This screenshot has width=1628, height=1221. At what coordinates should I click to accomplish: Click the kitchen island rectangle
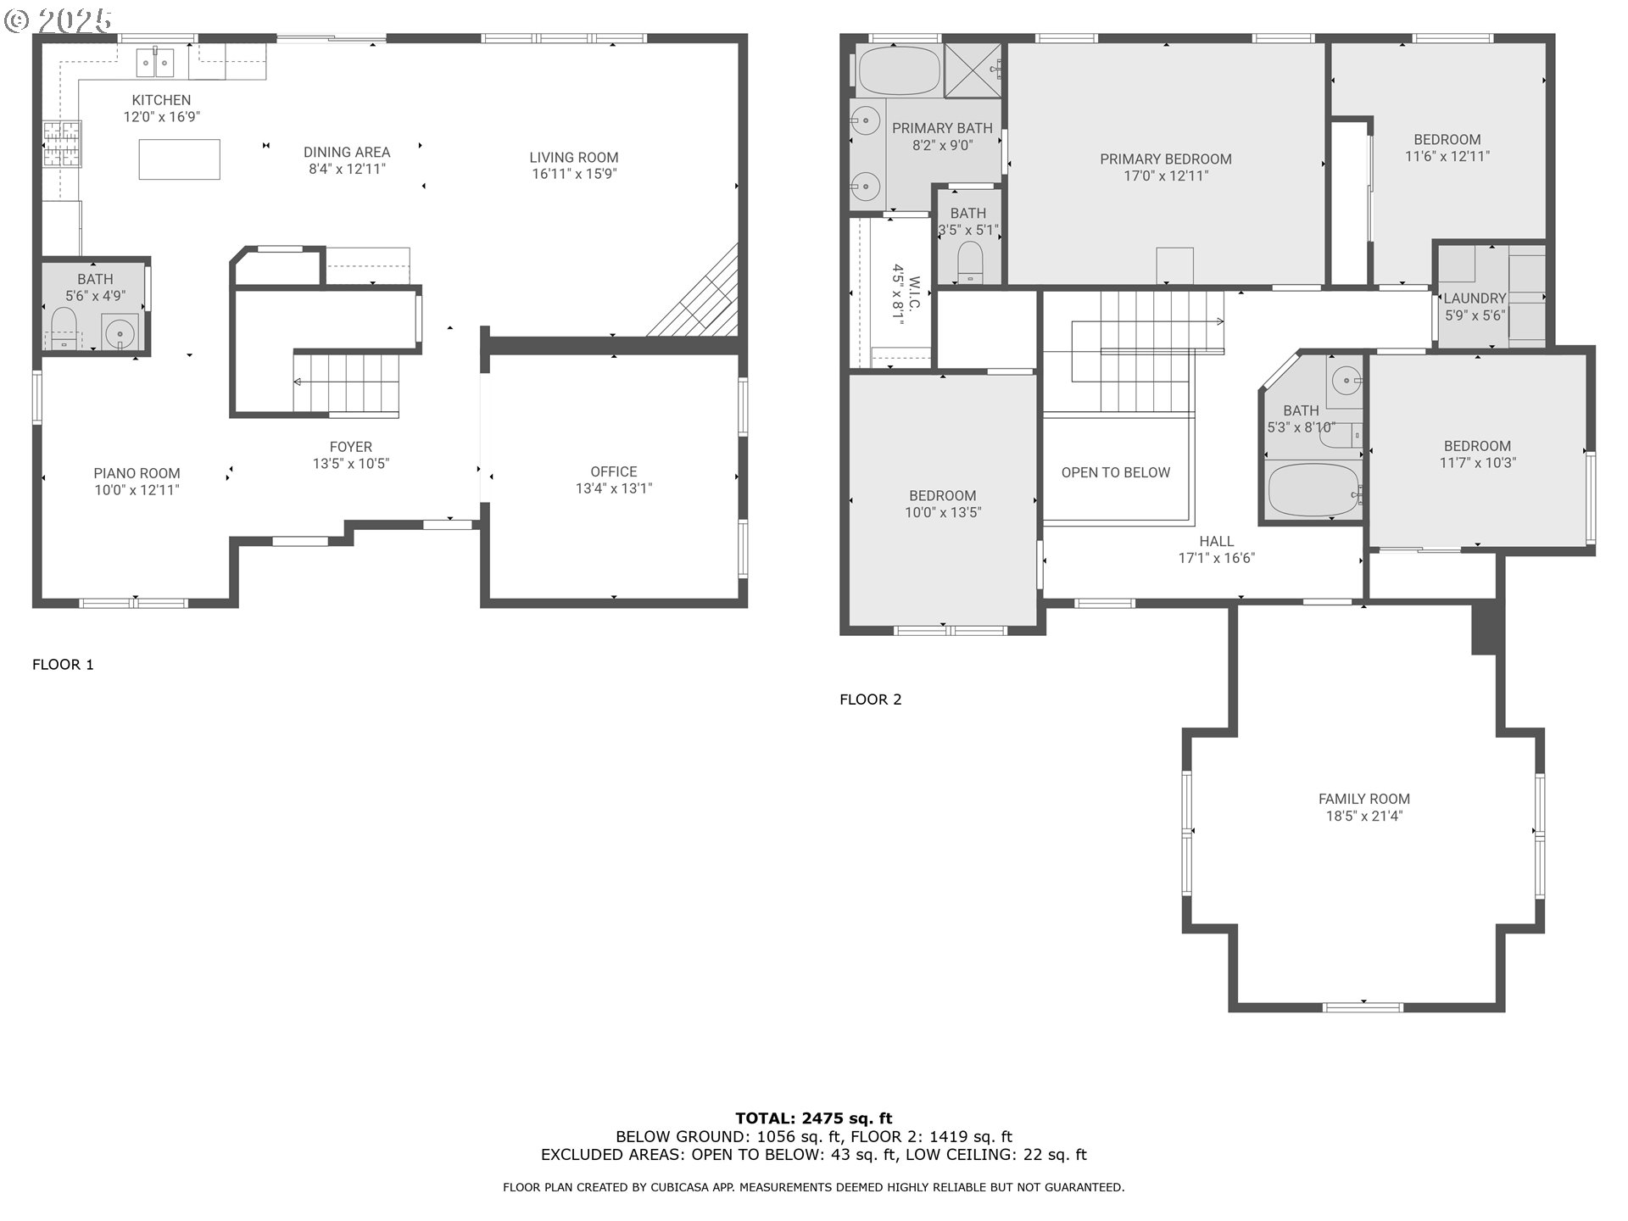coord(179,159)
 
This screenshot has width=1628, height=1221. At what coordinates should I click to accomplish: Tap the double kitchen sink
coord(156,63)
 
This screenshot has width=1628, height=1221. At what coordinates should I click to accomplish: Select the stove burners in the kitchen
coord(62,143)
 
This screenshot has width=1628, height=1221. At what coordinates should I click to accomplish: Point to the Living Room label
coord(573,158)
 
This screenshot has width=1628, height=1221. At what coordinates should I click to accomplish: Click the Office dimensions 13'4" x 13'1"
coord(613,488)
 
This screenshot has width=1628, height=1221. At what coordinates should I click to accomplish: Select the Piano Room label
coord(137,474)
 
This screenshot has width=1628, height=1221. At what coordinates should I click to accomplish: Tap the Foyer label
coord(350,447)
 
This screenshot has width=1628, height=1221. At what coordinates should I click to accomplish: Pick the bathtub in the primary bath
coord(899,71)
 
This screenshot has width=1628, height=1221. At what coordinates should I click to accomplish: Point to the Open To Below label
coord(1115,473)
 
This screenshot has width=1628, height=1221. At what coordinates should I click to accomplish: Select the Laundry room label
coord(1475,298)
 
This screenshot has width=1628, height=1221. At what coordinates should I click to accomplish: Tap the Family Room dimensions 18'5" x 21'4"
coord(1363,817)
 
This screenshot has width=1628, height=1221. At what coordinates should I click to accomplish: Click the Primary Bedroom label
coord(1165,159)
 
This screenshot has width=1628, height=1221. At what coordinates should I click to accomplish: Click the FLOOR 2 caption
coord(870,700)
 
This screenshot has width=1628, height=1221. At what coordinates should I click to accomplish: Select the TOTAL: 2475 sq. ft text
coord(813,1118)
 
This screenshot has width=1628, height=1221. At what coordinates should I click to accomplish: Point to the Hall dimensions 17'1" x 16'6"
coord(1216,558)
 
